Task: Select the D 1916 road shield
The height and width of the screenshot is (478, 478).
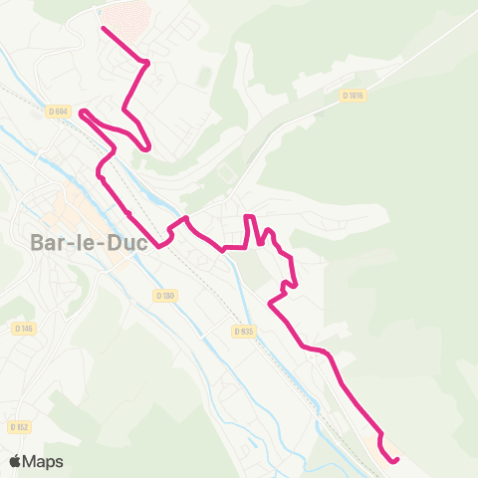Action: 354,96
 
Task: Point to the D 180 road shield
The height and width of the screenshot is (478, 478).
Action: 164,295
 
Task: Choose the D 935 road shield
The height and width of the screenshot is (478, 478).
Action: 243,330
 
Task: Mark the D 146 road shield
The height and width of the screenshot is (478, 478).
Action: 24,328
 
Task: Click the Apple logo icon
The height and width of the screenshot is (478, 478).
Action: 16,461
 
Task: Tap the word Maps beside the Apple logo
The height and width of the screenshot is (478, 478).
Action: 44,462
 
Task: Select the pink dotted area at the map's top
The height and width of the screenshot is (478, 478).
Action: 123,18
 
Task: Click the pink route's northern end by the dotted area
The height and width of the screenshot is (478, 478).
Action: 105,28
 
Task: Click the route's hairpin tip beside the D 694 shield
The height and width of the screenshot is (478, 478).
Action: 82,112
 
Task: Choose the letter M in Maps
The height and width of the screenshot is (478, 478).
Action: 31,462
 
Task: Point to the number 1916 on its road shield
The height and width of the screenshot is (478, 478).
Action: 357,96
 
